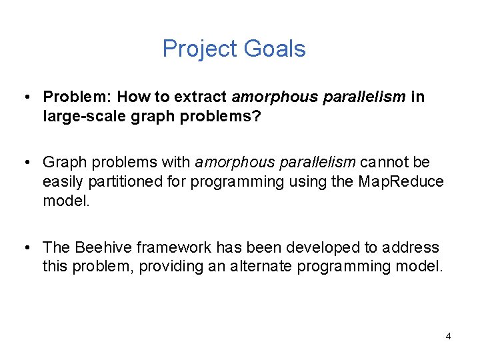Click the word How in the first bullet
tap(123, 97)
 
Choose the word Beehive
tap(102, 248)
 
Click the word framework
tap(167, 248)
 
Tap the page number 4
tap(448, 336)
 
